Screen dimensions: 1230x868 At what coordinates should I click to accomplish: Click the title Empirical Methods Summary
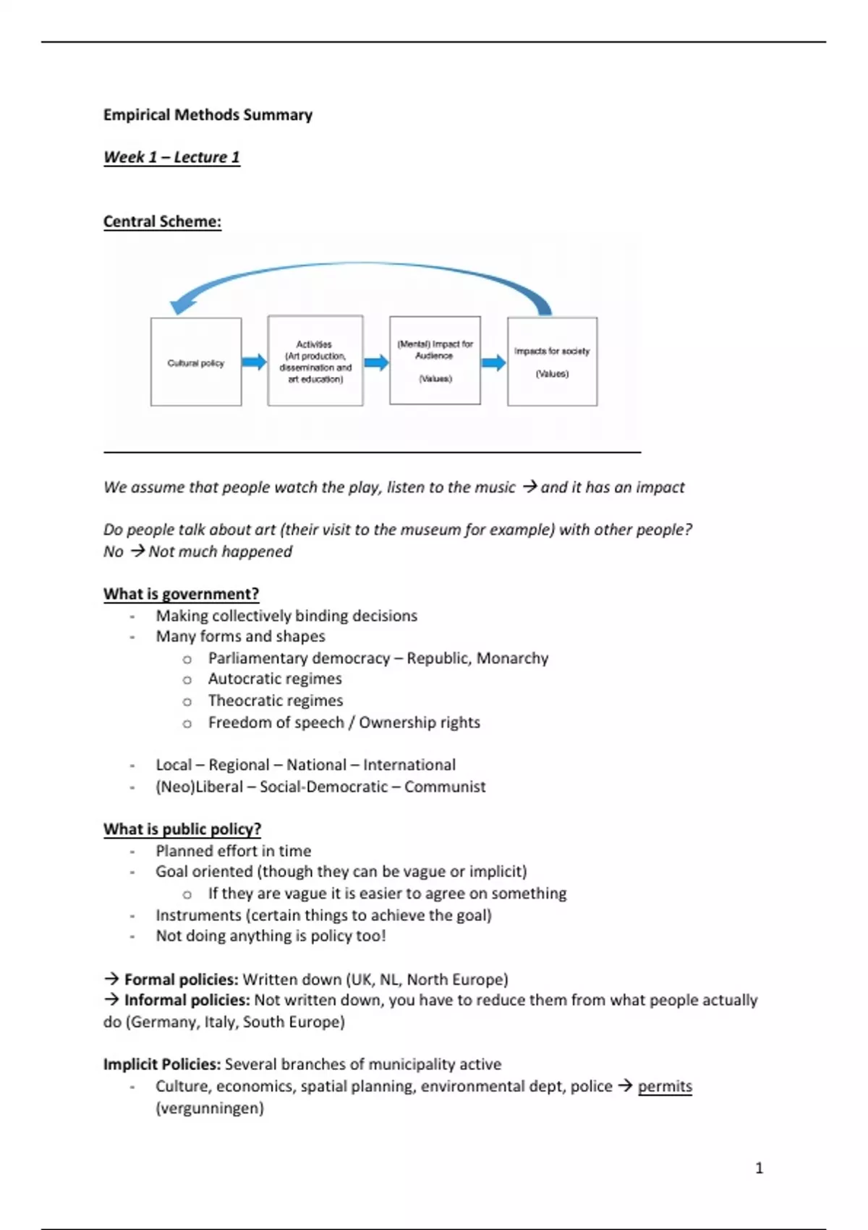(x=208, y=114)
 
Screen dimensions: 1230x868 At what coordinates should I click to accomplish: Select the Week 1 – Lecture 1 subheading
(x=171, y=157)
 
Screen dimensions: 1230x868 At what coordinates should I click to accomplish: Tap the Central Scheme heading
(x=162, y=221)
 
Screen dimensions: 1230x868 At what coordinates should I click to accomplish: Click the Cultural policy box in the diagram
(x=196, y=362)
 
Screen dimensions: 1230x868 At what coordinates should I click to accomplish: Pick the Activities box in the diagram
(x=315, y=361)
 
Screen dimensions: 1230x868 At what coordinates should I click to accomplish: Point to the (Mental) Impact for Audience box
(x=435, y=360)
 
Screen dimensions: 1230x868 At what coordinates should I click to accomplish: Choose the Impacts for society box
(x=552, y=361)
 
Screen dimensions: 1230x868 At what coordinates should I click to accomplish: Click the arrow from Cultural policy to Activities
(x=254, y=362)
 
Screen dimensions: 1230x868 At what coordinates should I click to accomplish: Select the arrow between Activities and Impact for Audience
(x=376, y=362)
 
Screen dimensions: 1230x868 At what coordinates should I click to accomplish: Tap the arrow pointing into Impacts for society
(x=493, y=362)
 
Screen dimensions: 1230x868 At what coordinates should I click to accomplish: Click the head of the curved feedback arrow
(x=181, y=305)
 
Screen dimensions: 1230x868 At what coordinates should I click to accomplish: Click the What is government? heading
(x=181, y=594)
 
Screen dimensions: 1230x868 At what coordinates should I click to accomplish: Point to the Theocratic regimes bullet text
(x=276, y=700)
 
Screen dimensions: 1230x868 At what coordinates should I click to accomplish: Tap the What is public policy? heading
(x=182, y=829)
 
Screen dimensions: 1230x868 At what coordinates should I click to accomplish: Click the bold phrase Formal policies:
(x=181, y=980)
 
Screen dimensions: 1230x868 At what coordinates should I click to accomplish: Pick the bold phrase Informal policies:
(x=187, y=1000)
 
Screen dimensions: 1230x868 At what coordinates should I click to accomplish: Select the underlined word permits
(x=665, y=1086)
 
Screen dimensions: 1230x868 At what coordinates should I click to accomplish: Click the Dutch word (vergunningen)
(x=210, y=1108)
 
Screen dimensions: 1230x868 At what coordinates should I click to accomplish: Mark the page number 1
(x=759, y=1168)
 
